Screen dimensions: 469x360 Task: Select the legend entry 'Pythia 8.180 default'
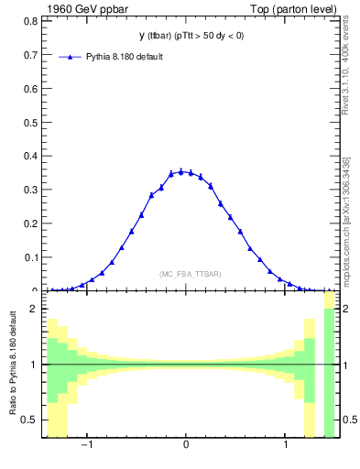click(x=126, y=57)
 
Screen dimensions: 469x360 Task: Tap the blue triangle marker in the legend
click(x=71, y=57)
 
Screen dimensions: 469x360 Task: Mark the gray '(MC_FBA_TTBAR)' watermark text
click(x=190, y=274)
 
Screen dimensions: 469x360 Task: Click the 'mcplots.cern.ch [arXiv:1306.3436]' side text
click(x=346, y=220)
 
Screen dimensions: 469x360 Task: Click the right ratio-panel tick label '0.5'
click(x=346, y=420)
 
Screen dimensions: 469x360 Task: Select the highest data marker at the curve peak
click(x=181, y=171)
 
